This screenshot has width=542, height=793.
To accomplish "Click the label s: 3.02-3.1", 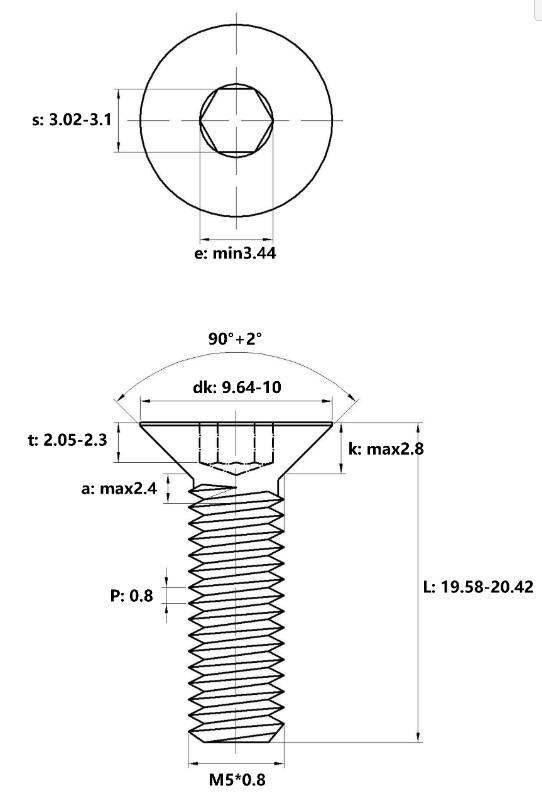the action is click(72, 120).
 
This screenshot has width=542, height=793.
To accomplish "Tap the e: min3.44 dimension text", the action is click(236, 253).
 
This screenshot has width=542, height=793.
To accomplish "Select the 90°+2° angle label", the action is click(236, 338).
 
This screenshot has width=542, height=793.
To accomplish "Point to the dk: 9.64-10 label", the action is click(237, 387).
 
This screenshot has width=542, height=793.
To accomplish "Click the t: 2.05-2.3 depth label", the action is click(67, 440).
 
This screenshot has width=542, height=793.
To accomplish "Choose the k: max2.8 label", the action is click(386, 449).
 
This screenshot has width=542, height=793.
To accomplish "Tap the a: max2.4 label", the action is click(119, 489).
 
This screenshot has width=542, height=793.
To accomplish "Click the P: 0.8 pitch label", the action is click(131, 595).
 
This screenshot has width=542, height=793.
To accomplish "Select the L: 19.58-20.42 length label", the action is click(478, 587).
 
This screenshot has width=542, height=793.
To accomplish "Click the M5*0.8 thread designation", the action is click(237, 779).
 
